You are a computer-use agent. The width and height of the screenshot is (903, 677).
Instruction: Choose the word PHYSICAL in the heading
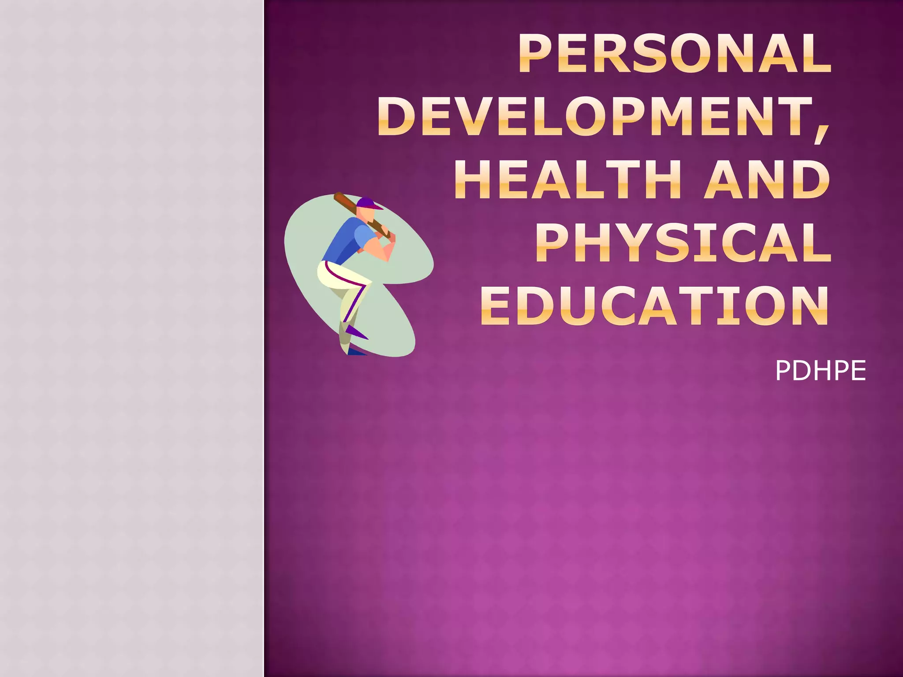683,243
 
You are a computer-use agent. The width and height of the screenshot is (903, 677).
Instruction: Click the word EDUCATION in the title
655,306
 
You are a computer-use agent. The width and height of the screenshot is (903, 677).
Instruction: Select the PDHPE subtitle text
820,371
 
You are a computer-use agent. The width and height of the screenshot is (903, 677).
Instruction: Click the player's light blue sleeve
364,236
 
